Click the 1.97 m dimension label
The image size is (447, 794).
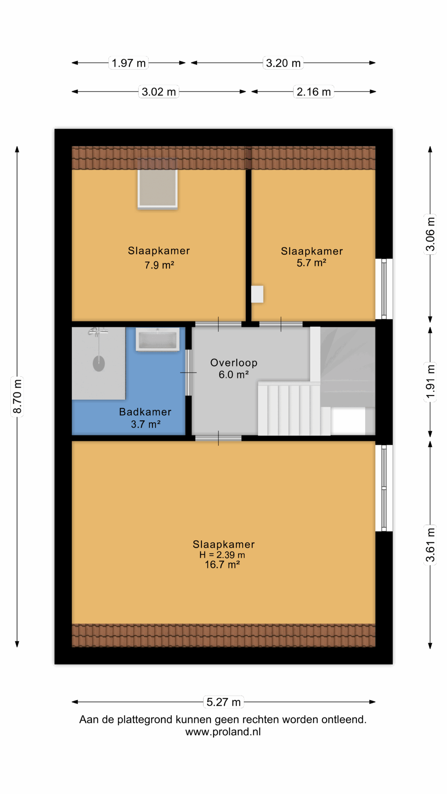(129, 63)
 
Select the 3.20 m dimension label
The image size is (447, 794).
(283, 63)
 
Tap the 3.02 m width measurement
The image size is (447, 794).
(159, 92)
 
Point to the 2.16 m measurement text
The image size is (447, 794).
(314, 92)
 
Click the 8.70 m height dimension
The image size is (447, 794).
(17, 396)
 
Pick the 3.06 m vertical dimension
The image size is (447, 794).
(430, 234)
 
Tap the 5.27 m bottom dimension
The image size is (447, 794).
(223, 702)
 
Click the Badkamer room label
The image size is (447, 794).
(145, 412)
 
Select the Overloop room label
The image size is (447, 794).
(234, 363)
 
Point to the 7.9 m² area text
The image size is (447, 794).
(159, 265)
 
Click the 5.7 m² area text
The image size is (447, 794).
(311, 263)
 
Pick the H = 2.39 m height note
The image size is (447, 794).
(222, 555)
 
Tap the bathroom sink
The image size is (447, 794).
(158, 340)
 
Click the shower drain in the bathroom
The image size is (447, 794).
(99, 364)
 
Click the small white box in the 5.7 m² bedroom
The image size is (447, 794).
(257, 294)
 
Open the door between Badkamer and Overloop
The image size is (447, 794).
(188, 372)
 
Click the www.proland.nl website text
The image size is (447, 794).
(223, 732)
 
